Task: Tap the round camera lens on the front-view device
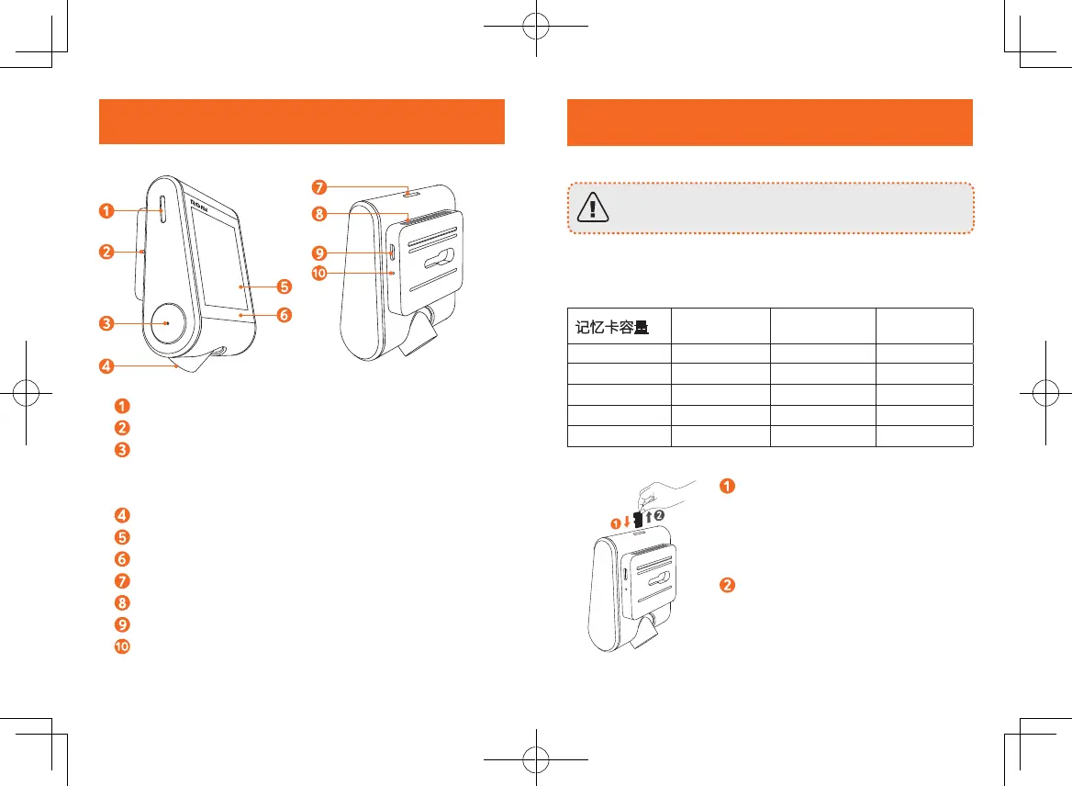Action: coord(166,323)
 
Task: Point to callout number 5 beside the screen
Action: coord(285,286)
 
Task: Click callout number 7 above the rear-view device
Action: coord(318,187)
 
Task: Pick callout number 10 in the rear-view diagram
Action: coord(318,273)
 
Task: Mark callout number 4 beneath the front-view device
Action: coord(108,366)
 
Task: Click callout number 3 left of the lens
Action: coord(108,323)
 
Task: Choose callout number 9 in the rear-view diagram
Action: coord(318,251)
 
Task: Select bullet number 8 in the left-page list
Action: coord(122,602)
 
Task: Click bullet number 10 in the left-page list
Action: coord(122,646)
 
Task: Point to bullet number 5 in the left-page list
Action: coord(122,537)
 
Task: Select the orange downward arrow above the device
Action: coord(628,522)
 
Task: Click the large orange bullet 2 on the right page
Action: coord(725,587)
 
